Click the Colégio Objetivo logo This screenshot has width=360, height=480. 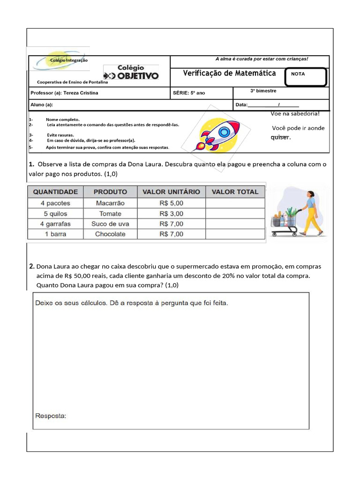[131, 73]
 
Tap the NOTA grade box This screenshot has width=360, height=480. [305, 77]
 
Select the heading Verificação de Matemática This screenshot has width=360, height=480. [229, 73]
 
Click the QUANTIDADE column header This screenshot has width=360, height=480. [55, 192]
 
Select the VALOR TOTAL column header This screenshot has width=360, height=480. [235, 192]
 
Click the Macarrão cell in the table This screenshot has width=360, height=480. [110, 203]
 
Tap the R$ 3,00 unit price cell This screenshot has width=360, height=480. [171, 214]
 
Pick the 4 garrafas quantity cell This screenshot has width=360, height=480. [55, 224]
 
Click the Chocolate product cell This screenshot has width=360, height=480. [110, 234]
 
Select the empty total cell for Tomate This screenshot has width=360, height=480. [235, 214]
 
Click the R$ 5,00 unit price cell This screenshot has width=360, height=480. [171, 203]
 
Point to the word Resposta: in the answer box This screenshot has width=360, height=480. [51, 416]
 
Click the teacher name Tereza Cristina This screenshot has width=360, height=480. [81, 93]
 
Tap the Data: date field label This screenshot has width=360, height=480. [241, 105]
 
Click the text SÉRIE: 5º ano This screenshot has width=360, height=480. [189, 93]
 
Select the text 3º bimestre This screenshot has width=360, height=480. [263, 91]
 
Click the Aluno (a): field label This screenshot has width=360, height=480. [42, 105]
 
